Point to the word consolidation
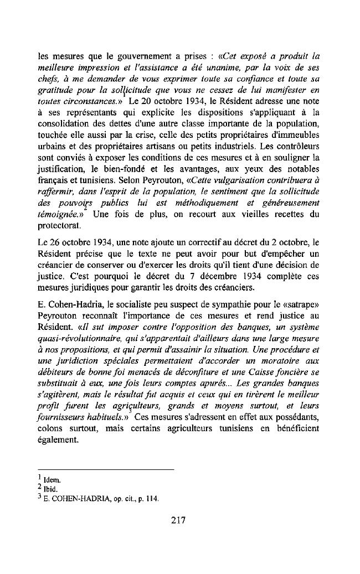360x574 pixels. (63, 137)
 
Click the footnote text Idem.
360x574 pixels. (52, 480)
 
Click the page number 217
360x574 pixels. (179, 520)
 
